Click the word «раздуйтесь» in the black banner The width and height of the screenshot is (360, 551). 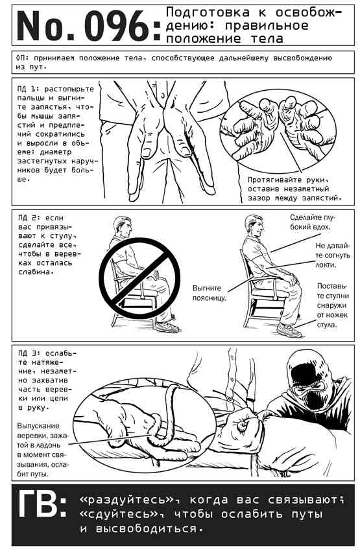[x=127, y=499]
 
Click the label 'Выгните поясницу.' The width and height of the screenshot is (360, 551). [x=208, y=293]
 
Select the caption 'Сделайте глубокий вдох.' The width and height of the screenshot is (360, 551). [x=311, y=222]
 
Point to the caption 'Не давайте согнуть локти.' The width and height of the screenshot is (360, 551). [x=332, y=255]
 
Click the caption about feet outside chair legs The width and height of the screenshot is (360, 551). [x=333, y=305]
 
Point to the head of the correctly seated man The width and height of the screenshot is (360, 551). [x=254, y=226]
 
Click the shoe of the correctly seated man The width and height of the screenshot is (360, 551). [x=289, y=331]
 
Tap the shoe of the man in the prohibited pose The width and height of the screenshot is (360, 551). [x=167, y=327]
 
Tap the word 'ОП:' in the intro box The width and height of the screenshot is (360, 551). [x=23, y=58]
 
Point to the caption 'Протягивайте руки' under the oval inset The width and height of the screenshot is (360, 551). [x=287, y=180]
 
